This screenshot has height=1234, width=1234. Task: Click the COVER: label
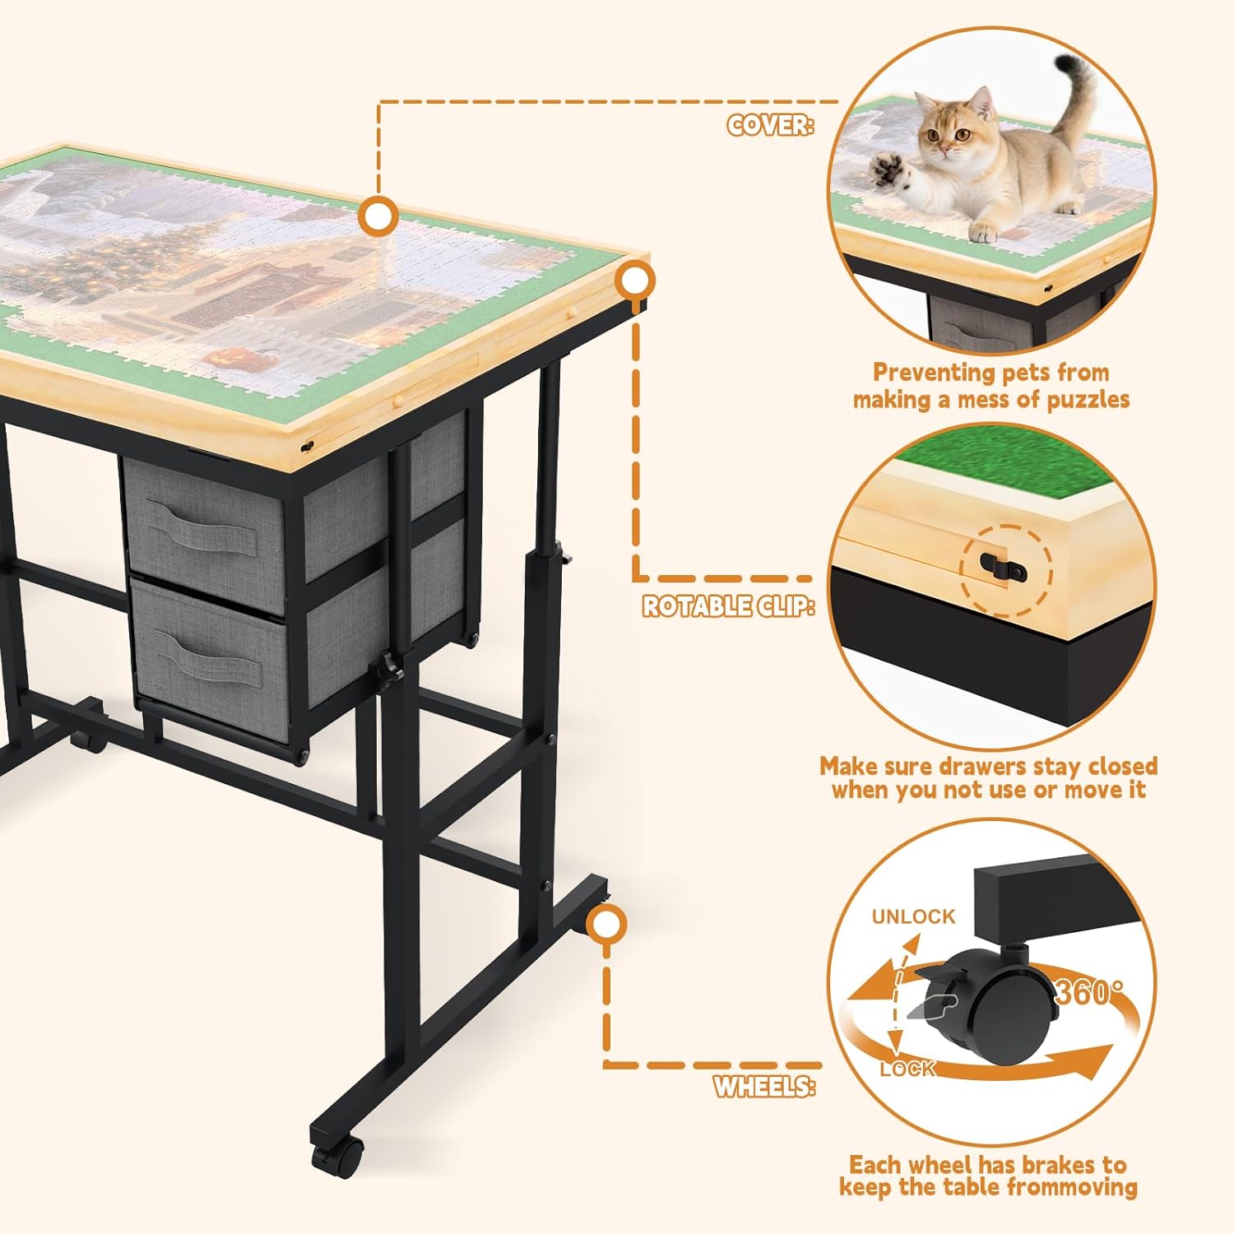pos(770,125)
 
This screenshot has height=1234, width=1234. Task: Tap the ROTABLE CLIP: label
pos(728,606)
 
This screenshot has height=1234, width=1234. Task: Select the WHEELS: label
pos(764,1087)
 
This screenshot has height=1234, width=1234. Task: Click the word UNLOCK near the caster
pos(913,916)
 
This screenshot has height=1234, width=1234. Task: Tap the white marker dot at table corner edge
pos(633,282)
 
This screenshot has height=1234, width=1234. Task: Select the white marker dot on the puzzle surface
pos(378,216)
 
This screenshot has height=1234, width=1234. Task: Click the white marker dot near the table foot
pos(606,927)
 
